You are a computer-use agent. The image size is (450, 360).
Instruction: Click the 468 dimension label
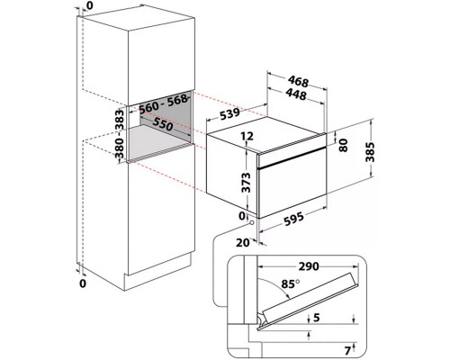click(x=298, y=81)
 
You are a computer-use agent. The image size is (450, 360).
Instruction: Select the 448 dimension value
click(x=296, y=94)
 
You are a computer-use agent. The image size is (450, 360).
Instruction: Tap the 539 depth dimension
click(x=230, y=113)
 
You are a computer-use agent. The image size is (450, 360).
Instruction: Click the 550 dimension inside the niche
click(x=162, y=124)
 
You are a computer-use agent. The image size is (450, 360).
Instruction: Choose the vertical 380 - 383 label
click(x=120, y=134)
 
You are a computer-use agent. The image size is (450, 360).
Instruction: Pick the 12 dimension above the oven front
click(x=247, y=136)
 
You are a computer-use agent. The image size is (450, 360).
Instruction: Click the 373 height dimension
click(x=247, y=182)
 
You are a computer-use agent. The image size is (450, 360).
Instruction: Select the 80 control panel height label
click(x=344, y=145)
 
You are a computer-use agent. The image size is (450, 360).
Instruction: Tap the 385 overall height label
click(x=370, y=152)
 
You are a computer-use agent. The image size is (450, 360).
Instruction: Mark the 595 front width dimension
click(x=293, y=219)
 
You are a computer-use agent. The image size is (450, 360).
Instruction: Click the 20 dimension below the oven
click(x=242, y=242)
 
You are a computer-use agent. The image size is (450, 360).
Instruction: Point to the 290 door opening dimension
click(x=309, y=266)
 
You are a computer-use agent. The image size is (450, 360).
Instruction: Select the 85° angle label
click(x=291, y=283)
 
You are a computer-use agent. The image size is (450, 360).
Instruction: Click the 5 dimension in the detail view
click(x=317, y=318)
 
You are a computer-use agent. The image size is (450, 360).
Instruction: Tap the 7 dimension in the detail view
click(x=347, y=350)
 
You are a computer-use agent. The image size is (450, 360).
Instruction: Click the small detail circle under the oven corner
click(x=251, y=223)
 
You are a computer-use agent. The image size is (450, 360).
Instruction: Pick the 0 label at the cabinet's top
click(x=90, y=5)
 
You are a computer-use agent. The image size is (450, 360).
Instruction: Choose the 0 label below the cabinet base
click(x=83, y=283)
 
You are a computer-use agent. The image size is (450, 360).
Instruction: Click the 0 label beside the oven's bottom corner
click(x=242, y=215)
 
